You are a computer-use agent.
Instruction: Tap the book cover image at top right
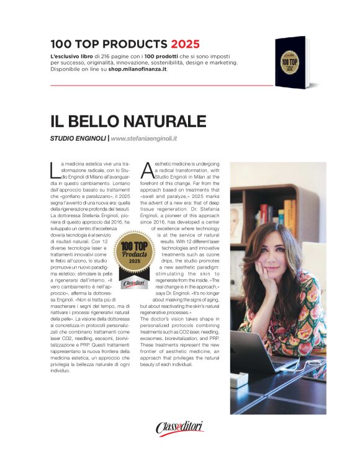click(x=292, y=63)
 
